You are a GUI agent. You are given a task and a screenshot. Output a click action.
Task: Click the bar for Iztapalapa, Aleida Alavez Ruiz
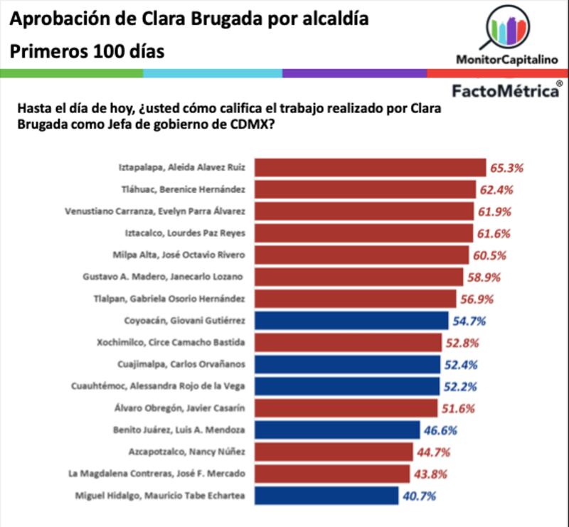click(x=370, y=168)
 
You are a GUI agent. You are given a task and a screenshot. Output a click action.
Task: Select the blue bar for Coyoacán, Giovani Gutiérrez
click(x=351, y=321)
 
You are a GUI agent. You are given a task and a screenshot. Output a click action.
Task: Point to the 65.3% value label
click(x=506, y=169)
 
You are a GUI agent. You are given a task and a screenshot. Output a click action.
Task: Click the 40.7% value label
click(x=419, y=496)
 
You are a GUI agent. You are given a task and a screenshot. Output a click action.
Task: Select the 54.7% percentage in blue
click(x=469, y=321)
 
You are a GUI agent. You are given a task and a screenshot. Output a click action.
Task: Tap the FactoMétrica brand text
click(x=506, y=91)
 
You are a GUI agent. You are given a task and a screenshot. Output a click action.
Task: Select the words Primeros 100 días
click(x=87, y=52)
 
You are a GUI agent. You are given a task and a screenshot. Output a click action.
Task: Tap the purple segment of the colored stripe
click(x=354, y=73)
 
